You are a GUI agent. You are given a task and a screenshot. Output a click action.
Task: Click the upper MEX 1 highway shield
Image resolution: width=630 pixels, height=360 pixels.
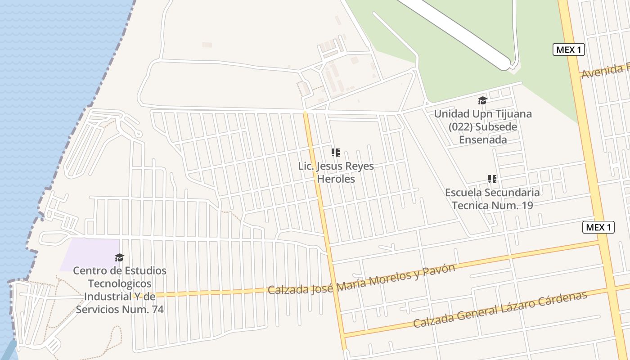568,49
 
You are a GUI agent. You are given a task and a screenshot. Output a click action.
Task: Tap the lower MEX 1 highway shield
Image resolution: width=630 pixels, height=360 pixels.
598,227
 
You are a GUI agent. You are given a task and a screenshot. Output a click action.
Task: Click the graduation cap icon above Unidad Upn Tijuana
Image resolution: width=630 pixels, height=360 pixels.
482,100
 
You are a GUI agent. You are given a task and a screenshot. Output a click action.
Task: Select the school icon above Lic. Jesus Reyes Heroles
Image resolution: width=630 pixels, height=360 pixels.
335,153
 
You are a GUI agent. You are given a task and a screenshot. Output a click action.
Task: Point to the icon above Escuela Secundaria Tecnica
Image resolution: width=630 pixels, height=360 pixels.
492,179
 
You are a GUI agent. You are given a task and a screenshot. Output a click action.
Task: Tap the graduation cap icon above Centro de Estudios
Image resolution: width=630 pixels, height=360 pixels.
119,257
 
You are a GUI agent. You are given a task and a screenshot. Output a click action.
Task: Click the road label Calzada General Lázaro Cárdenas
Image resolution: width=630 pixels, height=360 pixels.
500,310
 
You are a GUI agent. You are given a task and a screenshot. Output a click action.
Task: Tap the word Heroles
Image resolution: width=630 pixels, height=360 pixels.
336,179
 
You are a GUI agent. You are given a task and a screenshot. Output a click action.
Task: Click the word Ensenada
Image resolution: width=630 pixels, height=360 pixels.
483,139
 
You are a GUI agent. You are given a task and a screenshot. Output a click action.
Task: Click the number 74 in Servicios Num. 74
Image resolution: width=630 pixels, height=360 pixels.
155,310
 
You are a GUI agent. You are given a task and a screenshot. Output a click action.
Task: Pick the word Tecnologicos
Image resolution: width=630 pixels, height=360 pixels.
120,284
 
